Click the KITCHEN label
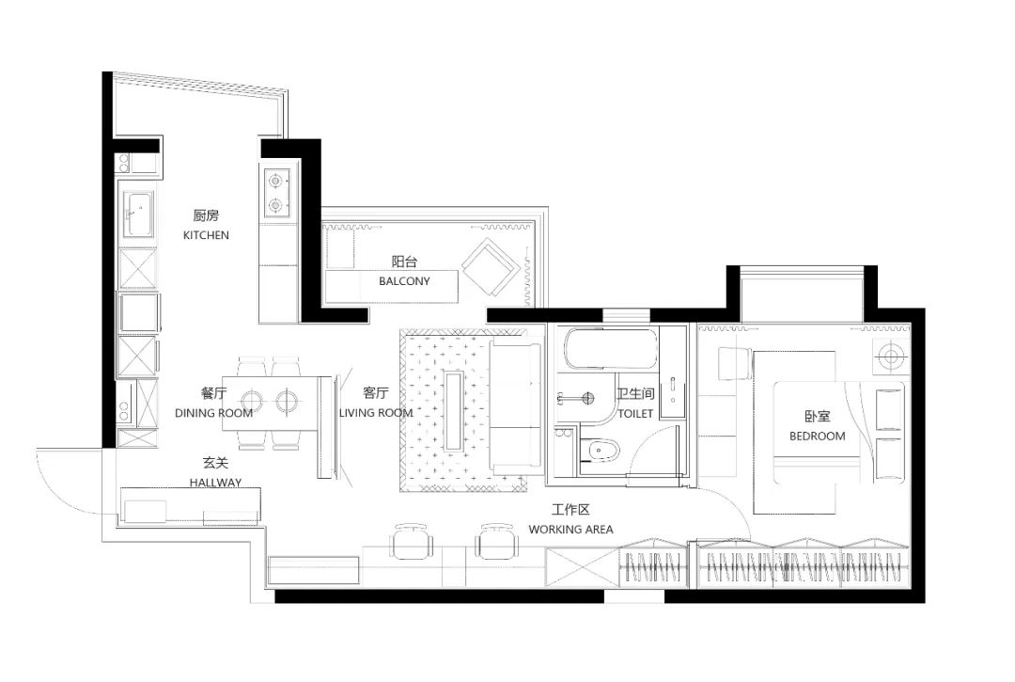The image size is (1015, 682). [206, 235]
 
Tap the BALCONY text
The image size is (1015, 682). [404, 281]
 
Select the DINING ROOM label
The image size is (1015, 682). [213, 413]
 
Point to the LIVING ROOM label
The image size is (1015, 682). [376, 413]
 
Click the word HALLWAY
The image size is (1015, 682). [215, 483]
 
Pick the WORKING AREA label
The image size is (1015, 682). [570, 530]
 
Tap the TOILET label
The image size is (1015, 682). [635, 413]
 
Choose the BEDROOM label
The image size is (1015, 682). [817, 436]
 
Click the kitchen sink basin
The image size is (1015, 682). [138, 215]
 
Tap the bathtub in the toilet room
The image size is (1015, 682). [608, 349]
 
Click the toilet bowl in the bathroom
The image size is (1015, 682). [601, 453]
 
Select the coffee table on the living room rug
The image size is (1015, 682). [455, 410]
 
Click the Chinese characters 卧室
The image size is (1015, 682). [817, 417]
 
